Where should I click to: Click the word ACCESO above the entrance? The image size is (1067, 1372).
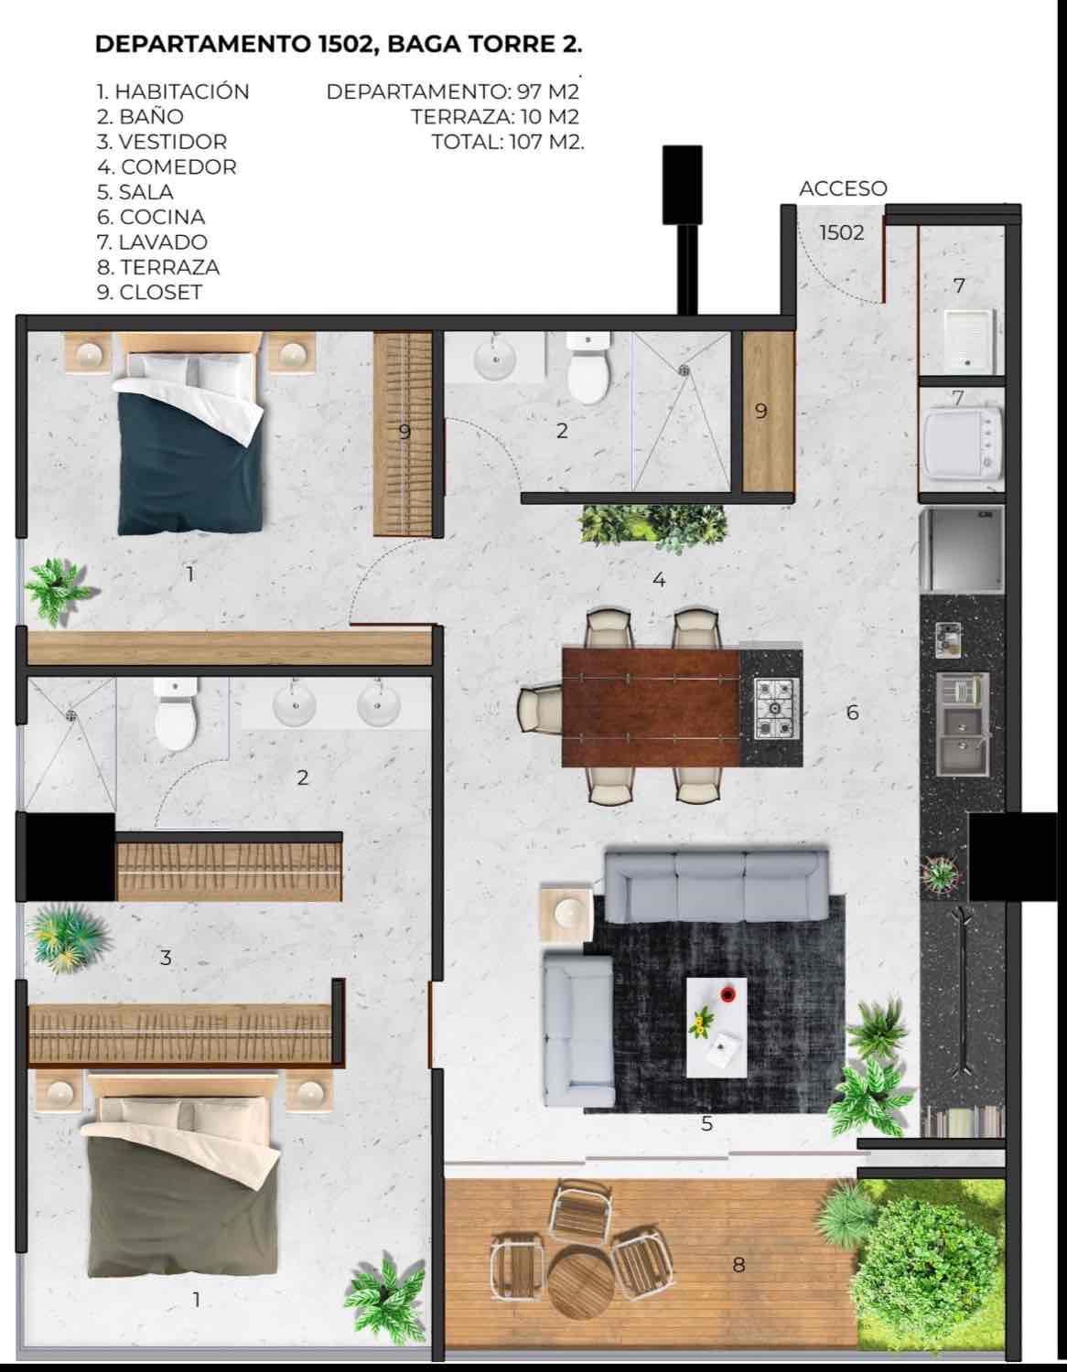pyautogui.click(x=843, y=188)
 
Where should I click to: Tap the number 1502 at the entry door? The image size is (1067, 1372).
pyautogui.click(x=842, y=232)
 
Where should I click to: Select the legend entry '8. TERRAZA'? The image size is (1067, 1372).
pyautogui.click(x=157, y=267)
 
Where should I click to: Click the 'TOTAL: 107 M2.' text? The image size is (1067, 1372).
pyautogui.click(x=508, y=142)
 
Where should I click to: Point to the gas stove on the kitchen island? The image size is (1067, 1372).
pyautogui.click(x=776, y=709)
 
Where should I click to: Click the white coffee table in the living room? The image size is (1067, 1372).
pyautogui.click(x=717, y=1028)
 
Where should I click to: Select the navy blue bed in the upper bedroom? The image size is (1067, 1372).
pyautogui.click(x=189, y=434)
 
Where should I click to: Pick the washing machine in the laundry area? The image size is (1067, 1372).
pyautogui.click(x=962, y=441)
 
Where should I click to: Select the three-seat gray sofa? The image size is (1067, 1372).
pyautogui.click(x=717, y=885)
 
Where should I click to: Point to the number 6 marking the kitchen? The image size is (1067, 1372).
pyautogui.click(x=852, y=713)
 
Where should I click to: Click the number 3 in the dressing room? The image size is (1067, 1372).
pyautogui.click(x=166, y=957)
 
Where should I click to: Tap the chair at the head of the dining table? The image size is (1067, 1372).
pyautogui.click(x=540, y=710)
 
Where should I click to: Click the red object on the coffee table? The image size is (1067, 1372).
pyautogui.click(x=728, y=994)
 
